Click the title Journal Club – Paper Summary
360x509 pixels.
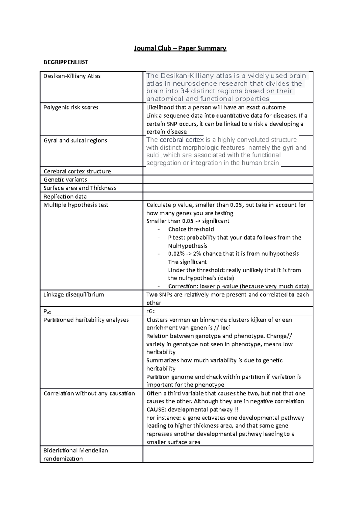pyautogui.click(x=180, y=48)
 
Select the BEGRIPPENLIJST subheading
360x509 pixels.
pyautogui.click(x=66, y=62)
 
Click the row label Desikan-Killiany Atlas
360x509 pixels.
pyautogui.click(x=72, y=76)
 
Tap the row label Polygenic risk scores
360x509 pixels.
pyautogui.click(x=71, y=107)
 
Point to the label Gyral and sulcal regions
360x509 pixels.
pyautogui.click(x=75, y=140)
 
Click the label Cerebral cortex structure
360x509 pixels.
pyautogui.click(x=77, y=171)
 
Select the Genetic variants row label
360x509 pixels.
pyautogui.click(x=65, y=180)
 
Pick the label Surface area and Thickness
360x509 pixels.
pyautogui.click(x=80, y=188)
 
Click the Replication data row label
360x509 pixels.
pyautogui.click(x=65, y=197)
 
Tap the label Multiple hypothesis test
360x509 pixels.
pyautogui.click(x=76, y=205)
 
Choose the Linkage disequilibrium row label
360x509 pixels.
pyautogui.click(x=73, y=295)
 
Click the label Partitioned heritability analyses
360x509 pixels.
pyautogui.click(x=86, y=320)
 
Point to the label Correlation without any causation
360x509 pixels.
pyautogui.click(x=89, y=393)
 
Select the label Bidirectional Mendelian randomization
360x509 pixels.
pyautogui.click(x=76, y=454)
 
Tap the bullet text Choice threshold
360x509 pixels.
pyautogui.click(x=191, y=229)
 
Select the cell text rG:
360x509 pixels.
pyautogui.click(x=150, y=311)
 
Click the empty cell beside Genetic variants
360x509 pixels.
pyautogui.click(x=228, y=180)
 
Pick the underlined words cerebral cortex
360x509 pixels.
pyautogui.click(x=182, y=140)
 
